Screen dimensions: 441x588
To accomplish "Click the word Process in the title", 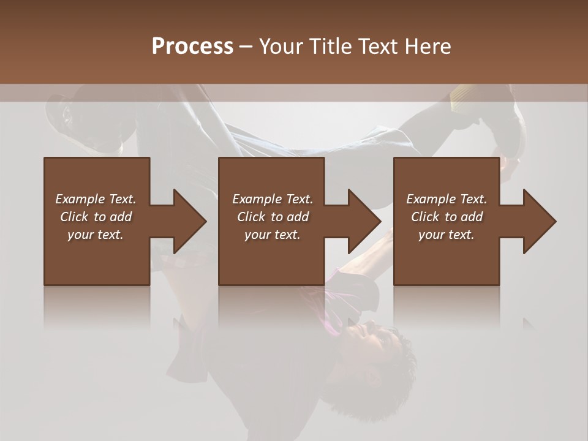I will (x=192, y=47).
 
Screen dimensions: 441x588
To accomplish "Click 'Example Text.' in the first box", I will (x=96, y=199).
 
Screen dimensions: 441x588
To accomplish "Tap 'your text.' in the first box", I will (x=96, y=235).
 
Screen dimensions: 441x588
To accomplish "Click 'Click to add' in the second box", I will (x=273, y=217).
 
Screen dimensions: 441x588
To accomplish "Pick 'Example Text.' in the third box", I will (x=447, y=199).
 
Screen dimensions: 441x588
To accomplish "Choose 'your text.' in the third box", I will (x=447, y=235).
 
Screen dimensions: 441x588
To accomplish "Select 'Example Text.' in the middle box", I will (x=273, y=199).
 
